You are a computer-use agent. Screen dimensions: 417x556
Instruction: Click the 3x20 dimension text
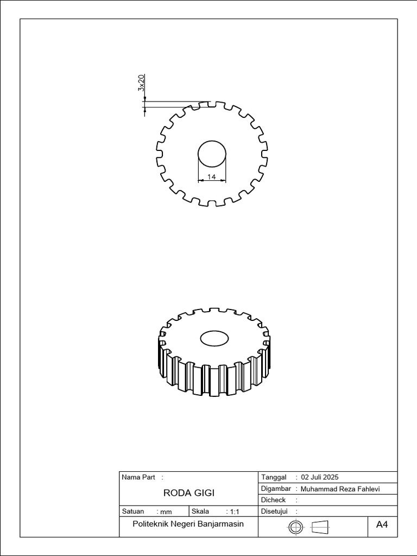[x=141, y=83]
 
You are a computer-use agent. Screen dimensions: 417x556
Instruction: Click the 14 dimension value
[x=212, y=176]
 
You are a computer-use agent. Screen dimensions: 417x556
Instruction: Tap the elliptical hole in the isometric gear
[x=214, y=338]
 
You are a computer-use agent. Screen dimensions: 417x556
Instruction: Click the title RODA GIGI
[x=188, y=493]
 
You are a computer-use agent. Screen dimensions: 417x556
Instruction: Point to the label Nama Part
[x=138, y=477]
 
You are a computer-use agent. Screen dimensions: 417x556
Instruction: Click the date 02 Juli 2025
[x=319, y=477]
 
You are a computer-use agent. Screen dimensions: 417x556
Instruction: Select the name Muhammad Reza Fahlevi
[x=340, y=489]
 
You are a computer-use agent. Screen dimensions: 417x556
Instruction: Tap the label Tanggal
[x=274, y=477]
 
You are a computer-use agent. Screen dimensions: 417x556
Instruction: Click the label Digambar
[x=276, y=489]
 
